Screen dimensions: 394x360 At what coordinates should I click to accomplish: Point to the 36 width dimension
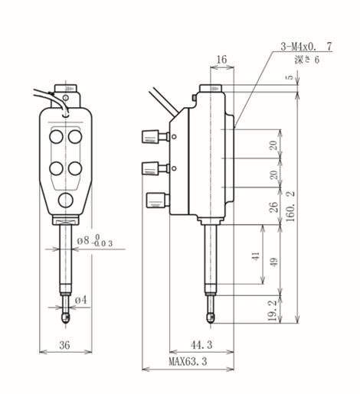click(64, 346)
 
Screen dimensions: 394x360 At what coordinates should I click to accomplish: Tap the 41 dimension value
click(255, 258)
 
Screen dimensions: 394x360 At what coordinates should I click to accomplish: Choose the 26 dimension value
click(273, 207)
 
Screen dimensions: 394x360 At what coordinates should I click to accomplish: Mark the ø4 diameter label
click(82, 298)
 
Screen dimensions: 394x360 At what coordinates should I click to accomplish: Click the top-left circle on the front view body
click(56, 136)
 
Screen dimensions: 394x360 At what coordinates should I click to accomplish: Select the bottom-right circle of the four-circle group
click(75, 167)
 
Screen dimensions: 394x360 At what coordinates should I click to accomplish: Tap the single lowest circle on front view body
click(66, 200)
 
